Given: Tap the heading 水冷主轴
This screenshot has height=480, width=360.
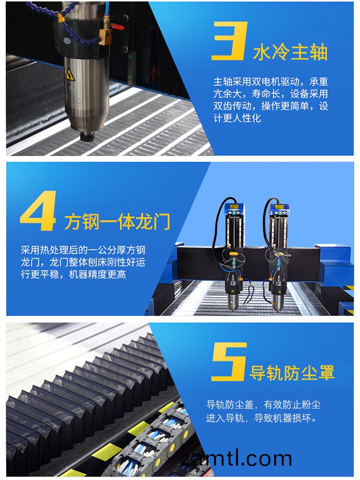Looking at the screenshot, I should pos(290,52).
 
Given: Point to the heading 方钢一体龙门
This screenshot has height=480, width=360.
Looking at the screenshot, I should pos(117,222).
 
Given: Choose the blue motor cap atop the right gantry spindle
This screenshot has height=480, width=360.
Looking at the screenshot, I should pos(280,208).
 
